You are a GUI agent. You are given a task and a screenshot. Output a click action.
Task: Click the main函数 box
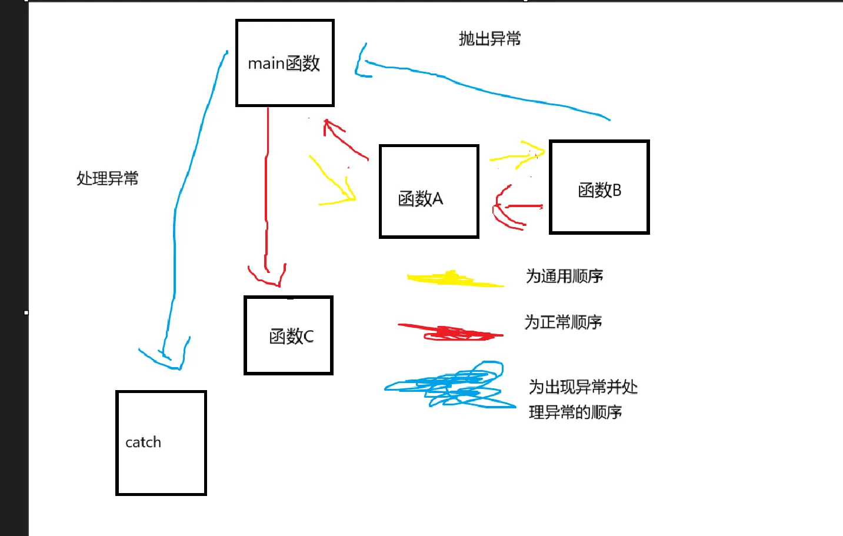pyautogui.click(x=285, y=63)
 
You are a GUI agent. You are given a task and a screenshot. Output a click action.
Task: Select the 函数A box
pyautogui.click(x=429, y=191)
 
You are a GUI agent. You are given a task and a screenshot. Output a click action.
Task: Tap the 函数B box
pyautogui.click(x=599, y=187)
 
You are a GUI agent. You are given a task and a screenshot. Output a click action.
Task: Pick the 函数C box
pyautogui.click(x=288, y=335)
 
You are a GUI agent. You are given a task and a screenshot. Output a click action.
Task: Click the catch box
pyautogui.click(x=161, y=443)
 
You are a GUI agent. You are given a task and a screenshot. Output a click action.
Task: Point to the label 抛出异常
pyautogui.click(x=489, y=39)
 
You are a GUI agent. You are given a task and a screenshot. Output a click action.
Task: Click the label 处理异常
pyautogui.click(x=107, y=178)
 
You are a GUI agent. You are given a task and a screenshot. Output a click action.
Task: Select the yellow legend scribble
pyautogui.click(x=454, y=279)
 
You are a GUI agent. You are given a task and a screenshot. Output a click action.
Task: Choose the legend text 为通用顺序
pyautogui.click(x=564, y=276)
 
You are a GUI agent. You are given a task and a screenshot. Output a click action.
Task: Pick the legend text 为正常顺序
pyautogui.click(x=563, y=322)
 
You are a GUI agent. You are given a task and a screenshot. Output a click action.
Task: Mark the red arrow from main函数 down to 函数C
pyautogui.click(x=267, y=194)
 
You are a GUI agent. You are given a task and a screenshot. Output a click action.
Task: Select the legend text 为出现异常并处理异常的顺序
pyautogui.click(x=582, y=399)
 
